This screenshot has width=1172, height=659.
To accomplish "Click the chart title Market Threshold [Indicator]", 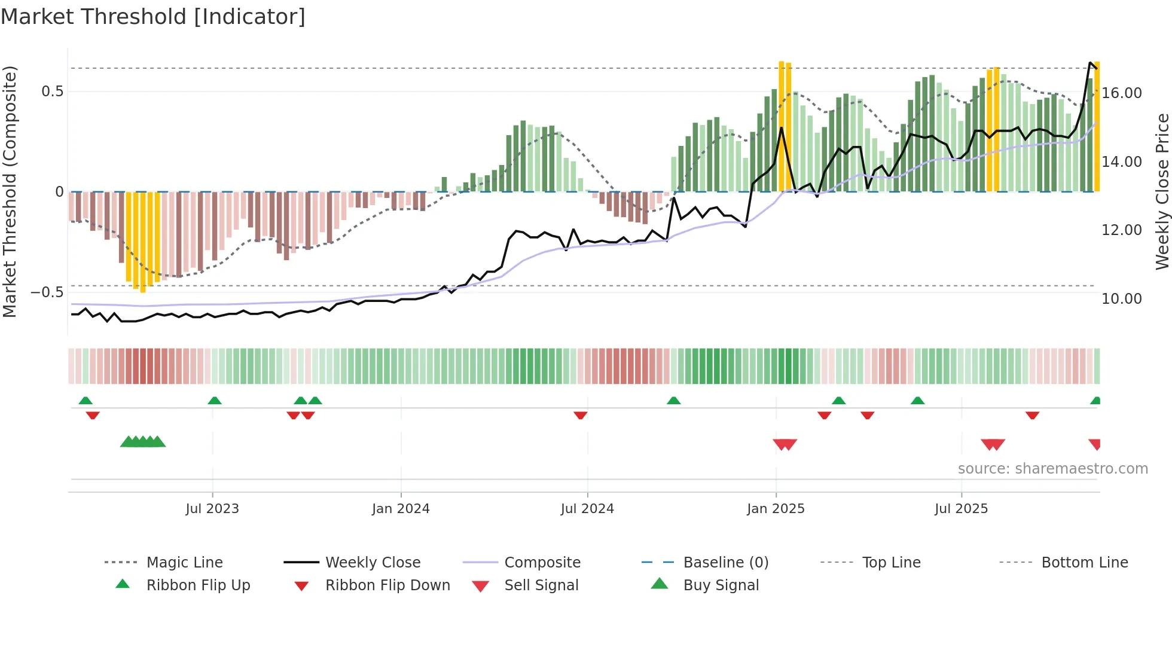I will pos(153,17).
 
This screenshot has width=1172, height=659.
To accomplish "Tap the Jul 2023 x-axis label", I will pos(212,509).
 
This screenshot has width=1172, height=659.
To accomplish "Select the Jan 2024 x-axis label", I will pos(401,509).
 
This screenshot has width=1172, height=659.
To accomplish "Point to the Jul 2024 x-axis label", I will pos(587,509).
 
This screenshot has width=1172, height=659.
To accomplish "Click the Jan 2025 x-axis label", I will pos(776,509).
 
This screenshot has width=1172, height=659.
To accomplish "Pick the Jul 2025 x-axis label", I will pos(961,509).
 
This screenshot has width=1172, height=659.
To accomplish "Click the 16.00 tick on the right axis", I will pos(1122,93).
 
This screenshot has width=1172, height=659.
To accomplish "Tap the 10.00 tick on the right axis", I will pos(1122,299).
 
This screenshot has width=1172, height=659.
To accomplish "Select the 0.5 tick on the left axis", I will pos(52,91).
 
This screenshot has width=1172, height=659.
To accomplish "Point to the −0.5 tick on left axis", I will pos(47,292).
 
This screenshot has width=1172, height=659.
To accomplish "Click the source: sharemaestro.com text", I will pos(1052,469).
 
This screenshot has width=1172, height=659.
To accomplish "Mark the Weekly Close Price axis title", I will pos(1162,191).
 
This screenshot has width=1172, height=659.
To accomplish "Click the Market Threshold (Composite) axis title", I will pos(10,191).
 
